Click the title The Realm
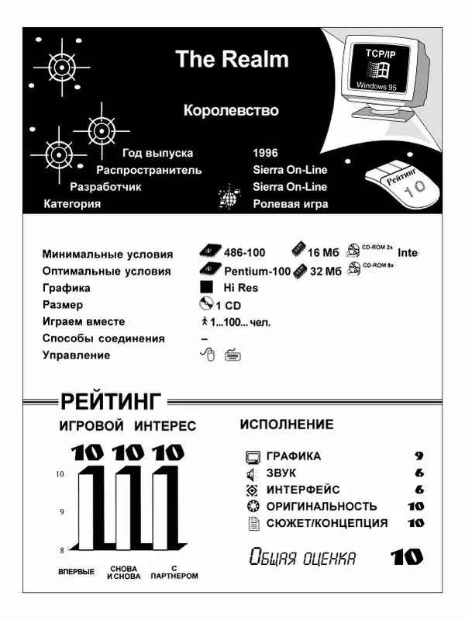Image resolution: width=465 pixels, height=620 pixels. (x=231, y=59)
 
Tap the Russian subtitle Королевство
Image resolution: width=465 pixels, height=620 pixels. (x=231, y=111)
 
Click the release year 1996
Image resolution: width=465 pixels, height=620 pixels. (x=265, y=153)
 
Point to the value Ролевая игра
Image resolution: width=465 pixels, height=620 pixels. (x=290, y=204)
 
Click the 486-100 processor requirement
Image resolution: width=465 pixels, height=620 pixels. (x=244, y=253)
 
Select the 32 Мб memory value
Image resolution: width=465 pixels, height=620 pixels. (x=325, y=271)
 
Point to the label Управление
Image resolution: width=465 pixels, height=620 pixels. (x=76, y=355)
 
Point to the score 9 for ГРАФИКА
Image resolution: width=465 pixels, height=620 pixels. (x=418, y=456)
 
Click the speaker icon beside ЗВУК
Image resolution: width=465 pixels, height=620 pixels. (x=250, y=473)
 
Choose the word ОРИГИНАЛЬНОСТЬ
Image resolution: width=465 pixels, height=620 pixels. (x=322, y=507)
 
